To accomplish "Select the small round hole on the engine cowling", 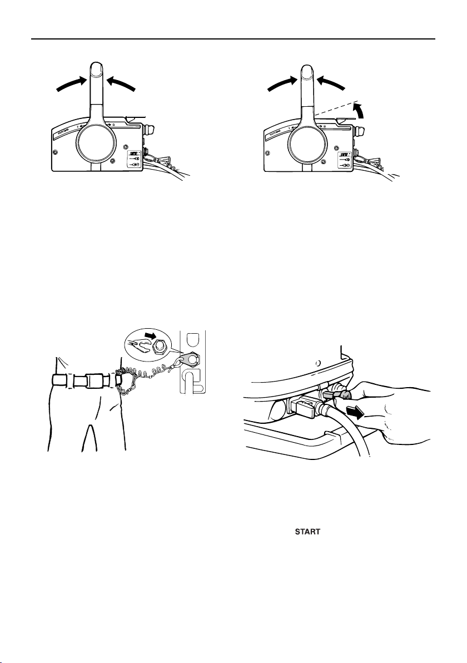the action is (318, 363).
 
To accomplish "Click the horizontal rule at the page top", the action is (233, 39).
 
